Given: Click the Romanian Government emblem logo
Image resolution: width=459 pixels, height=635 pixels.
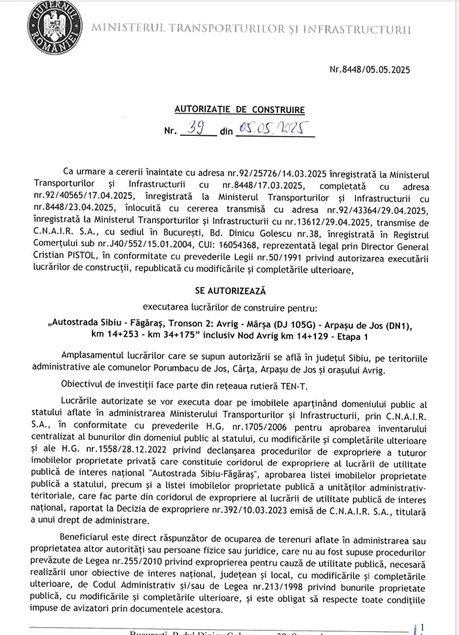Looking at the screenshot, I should (50, 27).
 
